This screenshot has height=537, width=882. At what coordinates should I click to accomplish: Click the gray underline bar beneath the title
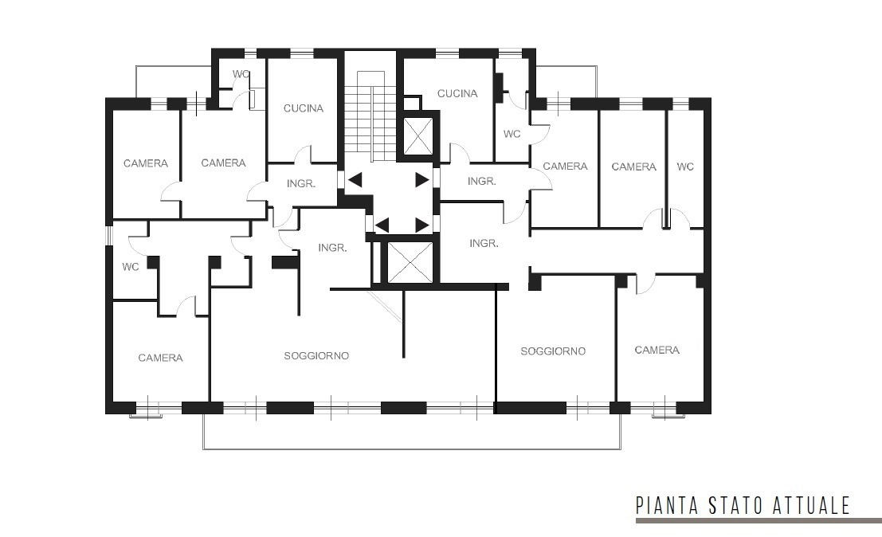pos(759,521)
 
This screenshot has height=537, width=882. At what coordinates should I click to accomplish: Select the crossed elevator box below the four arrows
pos(410,262)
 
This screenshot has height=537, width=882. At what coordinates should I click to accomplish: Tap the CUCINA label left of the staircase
pos(304,108)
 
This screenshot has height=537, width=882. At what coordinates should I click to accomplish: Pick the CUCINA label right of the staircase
pos(457,93)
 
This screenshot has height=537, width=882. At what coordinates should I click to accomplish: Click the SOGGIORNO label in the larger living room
pos(316,356)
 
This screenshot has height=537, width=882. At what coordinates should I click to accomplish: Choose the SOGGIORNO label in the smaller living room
pos(553,351)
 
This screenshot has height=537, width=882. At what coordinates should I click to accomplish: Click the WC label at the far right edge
pos(685,167)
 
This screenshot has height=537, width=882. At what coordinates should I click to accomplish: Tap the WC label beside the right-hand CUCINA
pos(512,134)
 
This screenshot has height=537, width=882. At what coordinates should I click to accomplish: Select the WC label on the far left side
pos(131,267)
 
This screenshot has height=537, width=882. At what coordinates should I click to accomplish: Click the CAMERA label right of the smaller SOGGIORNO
pos(657,351)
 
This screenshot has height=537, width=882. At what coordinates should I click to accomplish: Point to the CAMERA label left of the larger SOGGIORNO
pos(160,358)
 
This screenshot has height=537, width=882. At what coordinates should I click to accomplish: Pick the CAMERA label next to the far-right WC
pos(634,167)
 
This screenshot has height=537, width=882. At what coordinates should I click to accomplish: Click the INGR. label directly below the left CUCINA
pos(301,183)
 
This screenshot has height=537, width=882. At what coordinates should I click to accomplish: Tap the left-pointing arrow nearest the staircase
pos(355,181)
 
